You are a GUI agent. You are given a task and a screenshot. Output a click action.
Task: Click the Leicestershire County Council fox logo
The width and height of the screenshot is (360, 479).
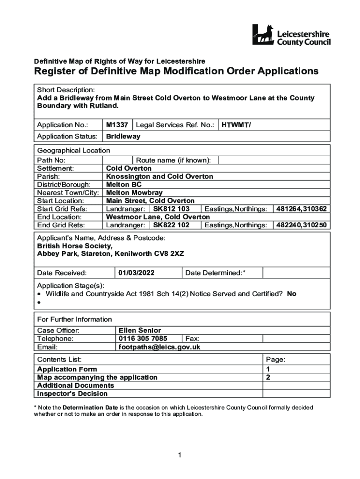tap(264, 35)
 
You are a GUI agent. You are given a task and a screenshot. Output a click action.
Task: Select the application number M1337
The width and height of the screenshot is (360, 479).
tap(117, 125)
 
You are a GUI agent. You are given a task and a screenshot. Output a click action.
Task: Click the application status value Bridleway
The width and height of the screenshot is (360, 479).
tap(123, 137)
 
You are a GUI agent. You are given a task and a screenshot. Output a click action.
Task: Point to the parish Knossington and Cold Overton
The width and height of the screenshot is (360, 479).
tap(159, 176)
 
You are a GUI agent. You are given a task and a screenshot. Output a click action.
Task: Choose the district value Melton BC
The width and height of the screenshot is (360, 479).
tap(123, 185)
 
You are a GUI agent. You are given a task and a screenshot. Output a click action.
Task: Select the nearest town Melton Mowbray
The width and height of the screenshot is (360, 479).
tap(134, 193)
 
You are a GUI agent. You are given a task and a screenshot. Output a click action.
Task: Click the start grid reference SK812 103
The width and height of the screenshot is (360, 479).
tap(171, 209)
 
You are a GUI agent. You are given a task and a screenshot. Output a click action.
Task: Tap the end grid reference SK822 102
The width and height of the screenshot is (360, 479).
tap(171, 225)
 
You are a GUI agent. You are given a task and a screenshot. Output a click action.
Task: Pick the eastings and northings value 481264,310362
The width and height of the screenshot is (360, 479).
tap(302, 209)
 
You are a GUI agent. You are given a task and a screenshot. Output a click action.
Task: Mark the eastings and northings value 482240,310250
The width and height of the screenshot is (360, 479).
tap(302, 225)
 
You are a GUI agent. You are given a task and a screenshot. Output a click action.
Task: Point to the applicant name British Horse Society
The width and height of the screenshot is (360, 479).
tap(75, 246)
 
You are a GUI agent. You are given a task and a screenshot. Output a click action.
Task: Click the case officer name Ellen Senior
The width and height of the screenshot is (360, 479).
tap(140, 330)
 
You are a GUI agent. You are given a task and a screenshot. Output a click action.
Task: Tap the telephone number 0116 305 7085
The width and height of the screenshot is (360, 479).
tap(143, 339)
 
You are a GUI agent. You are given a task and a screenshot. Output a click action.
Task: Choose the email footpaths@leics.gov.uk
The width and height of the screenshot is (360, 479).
tap(159, 347)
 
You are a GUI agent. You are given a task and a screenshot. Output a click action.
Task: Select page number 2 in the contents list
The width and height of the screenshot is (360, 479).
tap(268, 377)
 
